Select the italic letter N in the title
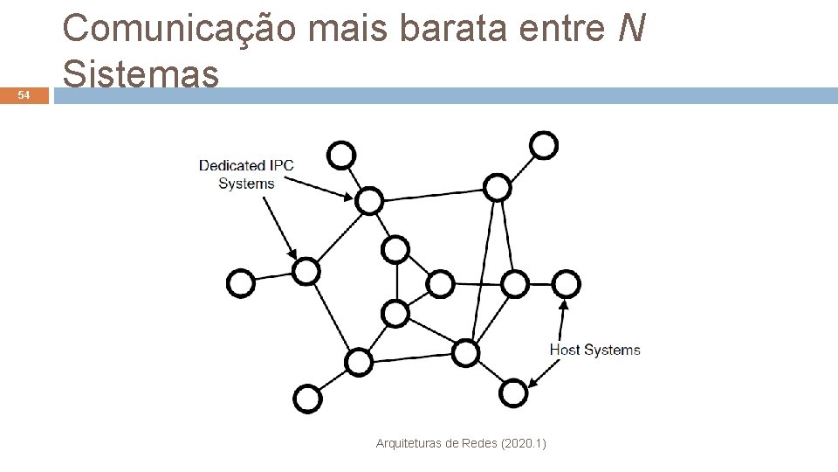coord(630,30)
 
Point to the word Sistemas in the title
coord(141,74)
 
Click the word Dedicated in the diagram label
coord(232,165)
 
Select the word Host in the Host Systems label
coord(564,350)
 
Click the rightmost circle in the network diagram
coord(566,283)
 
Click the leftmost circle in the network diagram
coord(241,283)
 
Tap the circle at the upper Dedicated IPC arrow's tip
coord(369,201)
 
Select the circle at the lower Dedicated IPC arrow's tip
coord(306,271)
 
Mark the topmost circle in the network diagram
coord(544,145)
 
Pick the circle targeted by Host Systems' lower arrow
coord(514,393)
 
